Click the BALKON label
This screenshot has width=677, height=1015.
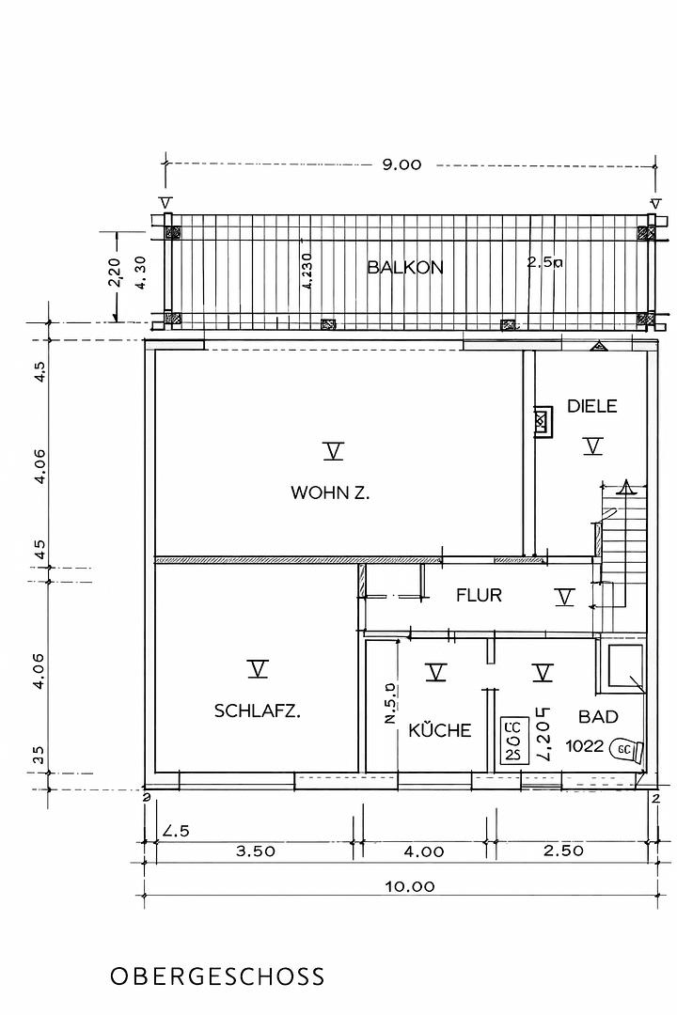[404, 267]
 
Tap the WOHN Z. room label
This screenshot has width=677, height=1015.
[329, 492]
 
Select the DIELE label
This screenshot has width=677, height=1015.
[591, 406]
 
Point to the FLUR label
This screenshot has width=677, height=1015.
[479, 595]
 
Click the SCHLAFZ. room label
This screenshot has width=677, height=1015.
[257, 711]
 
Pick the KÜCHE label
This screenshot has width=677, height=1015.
[439, 730]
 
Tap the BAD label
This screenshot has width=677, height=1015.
[597, 716]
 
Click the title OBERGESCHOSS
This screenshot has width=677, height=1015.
[217, 976]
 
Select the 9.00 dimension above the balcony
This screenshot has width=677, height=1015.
[401, 164]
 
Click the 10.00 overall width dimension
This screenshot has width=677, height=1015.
[409, 885]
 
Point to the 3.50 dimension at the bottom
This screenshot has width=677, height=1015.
[255, 851]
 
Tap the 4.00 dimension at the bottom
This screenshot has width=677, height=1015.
[423, 851]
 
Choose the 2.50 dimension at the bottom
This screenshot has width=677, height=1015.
[563, 851]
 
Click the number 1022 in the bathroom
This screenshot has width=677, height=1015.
[585, 748]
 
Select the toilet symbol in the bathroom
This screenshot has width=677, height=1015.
[626, 749]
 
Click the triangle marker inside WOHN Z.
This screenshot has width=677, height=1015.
[332, 452]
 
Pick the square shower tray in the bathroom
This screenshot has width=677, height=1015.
[623, 668]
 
